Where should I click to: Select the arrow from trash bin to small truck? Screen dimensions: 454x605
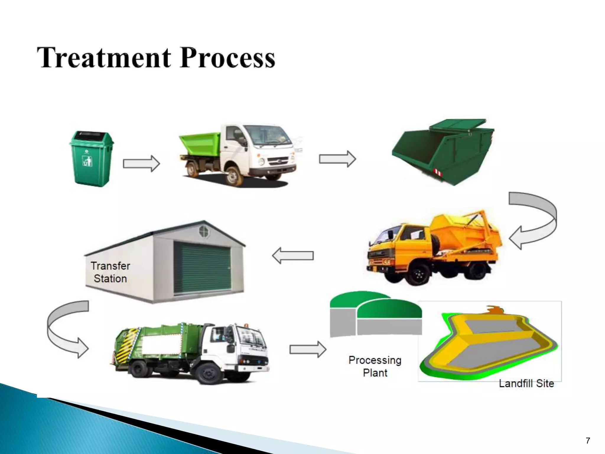(141, 163)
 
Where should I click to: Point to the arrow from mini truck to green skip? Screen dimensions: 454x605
(337, 159)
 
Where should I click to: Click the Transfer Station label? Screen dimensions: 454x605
(110, 272)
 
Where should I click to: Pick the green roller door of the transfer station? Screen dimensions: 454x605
(202, 267)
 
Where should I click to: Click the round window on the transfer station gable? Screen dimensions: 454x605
(204, 231)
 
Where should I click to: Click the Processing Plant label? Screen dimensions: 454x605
(375, 366)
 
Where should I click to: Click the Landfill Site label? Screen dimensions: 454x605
(526, 383)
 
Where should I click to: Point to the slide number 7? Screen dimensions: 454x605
(588, 441)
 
